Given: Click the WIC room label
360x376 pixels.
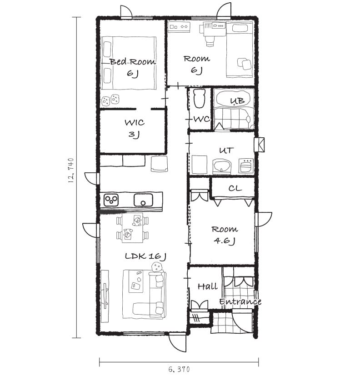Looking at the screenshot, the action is click(135, 129).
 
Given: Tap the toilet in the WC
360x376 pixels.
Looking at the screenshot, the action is click(200, 98).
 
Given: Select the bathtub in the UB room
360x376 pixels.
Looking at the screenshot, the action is click(234, 99).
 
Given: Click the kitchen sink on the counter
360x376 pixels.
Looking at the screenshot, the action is click(143, 200).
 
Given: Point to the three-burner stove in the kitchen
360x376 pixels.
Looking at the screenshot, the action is click(111, 200).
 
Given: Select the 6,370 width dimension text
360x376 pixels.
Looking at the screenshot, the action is click(179, 369).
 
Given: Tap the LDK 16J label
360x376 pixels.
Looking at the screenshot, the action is click(145, 256).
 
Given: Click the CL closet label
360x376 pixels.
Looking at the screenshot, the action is click(235, 188).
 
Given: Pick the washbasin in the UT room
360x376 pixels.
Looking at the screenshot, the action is click(222, 166).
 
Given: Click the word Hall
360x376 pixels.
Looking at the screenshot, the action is click(208, 286).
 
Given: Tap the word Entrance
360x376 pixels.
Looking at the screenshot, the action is click(240, 301).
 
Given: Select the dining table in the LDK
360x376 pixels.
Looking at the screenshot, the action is click(132, 228).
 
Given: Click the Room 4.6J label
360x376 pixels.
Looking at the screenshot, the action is click(225, 235).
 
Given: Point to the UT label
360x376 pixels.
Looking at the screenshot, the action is click(226, 150).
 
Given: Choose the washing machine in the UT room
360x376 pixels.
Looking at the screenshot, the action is click(246, 165).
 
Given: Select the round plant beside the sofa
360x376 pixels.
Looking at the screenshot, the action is click(157, 267).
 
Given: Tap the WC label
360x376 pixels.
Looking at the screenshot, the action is click(201, 119).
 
